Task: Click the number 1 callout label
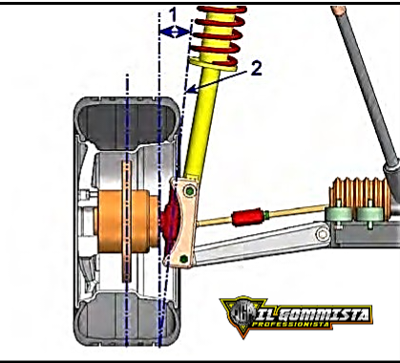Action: coord(173,14)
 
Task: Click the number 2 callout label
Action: coord(257,69)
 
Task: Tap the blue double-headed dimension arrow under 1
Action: coord(175,32)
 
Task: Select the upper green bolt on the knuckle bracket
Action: coord(189,191)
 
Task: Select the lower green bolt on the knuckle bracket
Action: coord(183,259)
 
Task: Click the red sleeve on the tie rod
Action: coord(246,218)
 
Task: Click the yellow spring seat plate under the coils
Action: coord(213,65)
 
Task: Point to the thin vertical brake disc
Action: coord(127,222)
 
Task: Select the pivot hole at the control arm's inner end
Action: coord(323,234)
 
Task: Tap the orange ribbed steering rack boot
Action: coord(362,195)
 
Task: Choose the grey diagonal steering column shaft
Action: coord(366,86)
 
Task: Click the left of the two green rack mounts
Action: coord(339,214)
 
